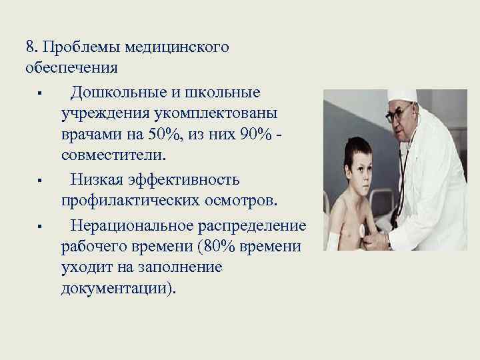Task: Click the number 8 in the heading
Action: (30, 47)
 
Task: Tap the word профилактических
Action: (134, 202)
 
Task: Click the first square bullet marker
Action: (41, 91)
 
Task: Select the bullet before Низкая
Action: (41, 181)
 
